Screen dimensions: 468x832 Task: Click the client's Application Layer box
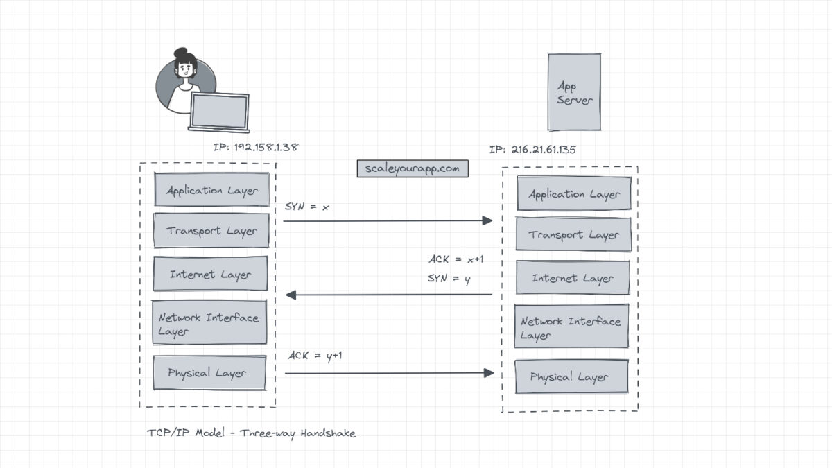click(211, 190)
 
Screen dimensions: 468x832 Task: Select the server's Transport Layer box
click(573, 234)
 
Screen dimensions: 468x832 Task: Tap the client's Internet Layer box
click(211, 275)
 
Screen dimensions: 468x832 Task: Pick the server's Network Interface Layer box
click(571, 327)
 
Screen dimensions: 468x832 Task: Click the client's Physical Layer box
click(209, 373)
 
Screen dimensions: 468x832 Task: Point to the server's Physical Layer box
click(571, 377)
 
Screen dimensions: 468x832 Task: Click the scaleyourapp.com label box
click(412, 168)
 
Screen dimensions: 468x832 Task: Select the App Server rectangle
click(574, 92)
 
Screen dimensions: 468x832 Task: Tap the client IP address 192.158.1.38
click(257, 148)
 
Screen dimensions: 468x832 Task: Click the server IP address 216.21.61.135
click(532, 149)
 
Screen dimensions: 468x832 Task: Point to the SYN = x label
click(306, 207)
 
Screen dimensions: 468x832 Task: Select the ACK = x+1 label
click(456, 260)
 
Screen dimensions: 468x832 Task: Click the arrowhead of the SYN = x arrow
click(487, 220)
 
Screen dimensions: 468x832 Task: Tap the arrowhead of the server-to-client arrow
click(291, 295)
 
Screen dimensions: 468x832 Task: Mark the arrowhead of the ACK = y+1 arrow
click(489, 373)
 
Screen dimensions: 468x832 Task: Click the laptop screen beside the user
click(219, 111)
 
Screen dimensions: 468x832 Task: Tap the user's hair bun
click(181, 53)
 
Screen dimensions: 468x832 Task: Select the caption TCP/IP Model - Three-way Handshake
click(252, 433)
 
